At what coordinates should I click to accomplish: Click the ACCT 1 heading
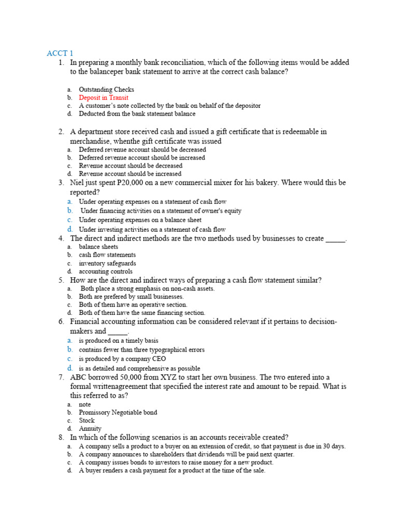click(x=60, y=53)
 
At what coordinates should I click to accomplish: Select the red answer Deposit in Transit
click(x=104, y=97)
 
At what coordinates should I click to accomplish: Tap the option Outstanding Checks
click(x=106, y=90)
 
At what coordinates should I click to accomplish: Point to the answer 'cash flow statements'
click(x=107, y=255)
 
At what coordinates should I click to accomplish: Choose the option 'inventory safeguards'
click(x=107, y=263)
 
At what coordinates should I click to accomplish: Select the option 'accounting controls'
click(x=105, y=272)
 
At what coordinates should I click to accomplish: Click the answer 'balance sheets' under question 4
click(x=98, y=247)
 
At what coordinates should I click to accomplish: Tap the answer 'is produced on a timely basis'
click(x=119, y=341)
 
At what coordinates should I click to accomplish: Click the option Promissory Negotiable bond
click(x=118, y=413)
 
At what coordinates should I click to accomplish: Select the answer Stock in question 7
click(x=87, y=421)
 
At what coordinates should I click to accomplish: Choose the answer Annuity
click(x=90, y=429)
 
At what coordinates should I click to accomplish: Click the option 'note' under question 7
click(x=85, y=404)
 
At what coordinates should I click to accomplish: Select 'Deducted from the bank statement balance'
click(x=137, y=114)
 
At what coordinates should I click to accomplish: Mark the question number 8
click(x=61, y=437)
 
